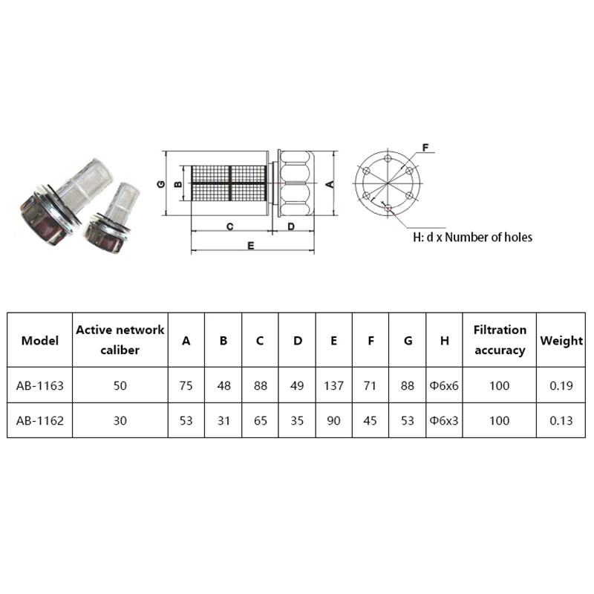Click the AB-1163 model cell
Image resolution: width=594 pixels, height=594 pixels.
click(40, 385)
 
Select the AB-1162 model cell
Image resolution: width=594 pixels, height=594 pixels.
click(40, 420)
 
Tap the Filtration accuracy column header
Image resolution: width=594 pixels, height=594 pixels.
click(500, 340)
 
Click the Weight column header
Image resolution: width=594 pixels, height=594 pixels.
click(561, 340)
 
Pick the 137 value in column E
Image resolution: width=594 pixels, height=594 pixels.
click(333, 385)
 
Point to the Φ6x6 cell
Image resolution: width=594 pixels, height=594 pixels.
click(444, 385)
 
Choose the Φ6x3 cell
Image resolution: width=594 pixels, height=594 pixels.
click(444, 420)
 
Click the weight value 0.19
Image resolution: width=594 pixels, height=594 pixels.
click(561, 385)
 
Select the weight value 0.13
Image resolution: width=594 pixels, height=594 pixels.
click(561, 420)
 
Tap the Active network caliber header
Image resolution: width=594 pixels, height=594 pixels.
click(120, 340)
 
